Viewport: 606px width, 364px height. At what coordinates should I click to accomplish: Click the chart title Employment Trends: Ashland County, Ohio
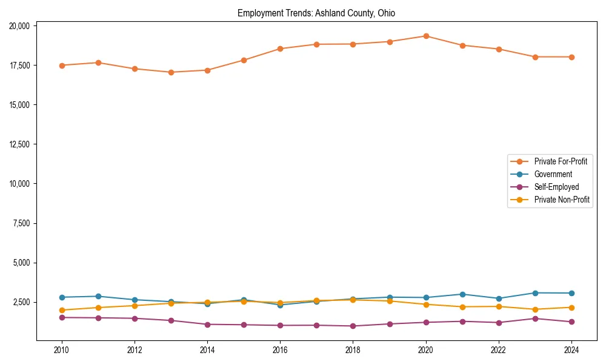tap(316, 13)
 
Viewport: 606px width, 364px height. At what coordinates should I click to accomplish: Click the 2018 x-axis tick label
tap(353, 350)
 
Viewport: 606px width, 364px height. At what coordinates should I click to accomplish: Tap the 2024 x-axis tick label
tap(571, 350)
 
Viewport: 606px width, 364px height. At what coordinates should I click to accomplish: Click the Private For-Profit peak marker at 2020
tap(426, 36)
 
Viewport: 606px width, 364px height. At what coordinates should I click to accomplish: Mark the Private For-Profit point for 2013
tap(171, 72)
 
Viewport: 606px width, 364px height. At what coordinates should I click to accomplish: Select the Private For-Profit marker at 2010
tap(62, 66)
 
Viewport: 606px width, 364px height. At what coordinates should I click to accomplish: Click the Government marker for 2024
tap(571, 293)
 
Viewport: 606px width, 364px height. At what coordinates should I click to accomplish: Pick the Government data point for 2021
tap(462, 294)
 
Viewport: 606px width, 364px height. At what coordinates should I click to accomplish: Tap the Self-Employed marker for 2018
tap(353, 326)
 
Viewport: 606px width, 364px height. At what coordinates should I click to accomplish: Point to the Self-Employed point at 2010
tap(62, 317)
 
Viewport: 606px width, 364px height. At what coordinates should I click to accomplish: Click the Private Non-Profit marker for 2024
tap(571, 307)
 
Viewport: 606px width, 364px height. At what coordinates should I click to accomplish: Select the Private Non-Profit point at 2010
tap(62, 310)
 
